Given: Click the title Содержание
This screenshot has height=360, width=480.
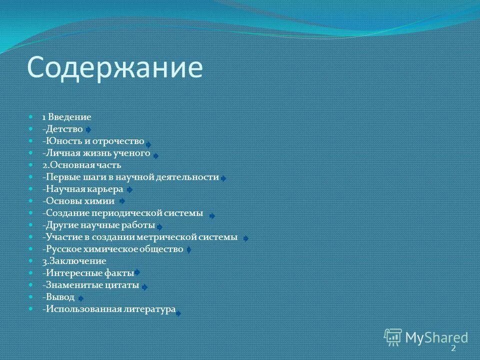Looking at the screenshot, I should (x=115, y=68).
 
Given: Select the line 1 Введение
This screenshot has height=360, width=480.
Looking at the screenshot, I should (x=66, y=117).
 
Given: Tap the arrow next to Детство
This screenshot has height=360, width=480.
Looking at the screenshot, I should (x=88, y=129).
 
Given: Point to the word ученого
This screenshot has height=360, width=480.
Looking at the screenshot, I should (x=134, y=153).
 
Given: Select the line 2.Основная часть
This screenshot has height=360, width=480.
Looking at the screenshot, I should (x=82, y=165).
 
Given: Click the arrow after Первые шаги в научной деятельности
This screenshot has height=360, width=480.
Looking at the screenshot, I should (x=223, y=178).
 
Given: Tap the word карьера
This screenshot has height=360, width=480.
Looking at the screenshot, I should (x=106, y=189).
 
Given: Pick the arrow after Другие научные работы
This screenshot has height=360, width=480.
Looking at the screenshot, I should (x=159, y=227).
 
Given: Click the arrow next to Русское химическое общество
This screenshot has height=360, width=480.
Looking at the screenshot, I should (x=188, y=249).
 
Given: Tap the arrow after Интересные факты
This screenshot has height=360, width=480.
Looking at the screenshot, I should (x=137, y=272).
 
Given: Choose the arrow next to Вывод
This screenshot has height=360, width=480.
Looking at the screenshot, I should (x=81, y=298).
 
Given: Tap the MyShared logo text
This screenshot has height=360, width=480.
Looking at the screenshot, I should (x=436, y=337).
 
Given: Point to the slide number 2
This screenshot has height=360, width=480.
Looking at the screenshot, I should (x=453, y=348).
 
